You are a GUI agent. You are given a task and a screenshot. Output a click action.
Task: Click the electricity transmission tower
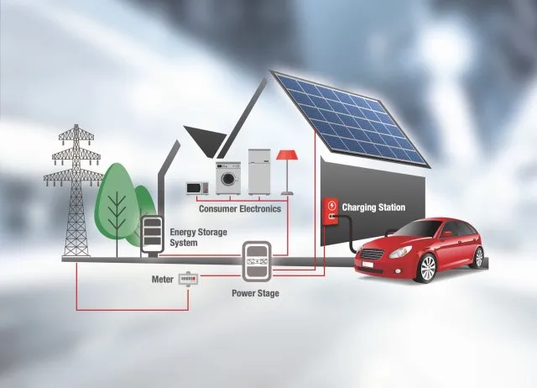[x=75, y=192]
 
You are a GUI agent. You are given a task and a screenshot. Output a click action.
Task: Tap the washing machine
[x=227, y=178]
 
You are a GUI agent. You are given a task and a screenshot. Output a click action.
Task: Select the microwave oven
[x=197, y=188]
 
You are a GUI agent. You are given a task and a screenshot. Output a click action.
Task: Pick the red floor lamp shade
[x=287, y=155]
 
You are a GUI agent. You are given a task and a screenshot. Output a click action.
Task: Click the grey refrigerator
[x=259, y=171]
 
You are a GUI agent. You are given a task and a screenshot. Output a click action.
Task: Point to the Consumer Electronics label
[x=240, y=209]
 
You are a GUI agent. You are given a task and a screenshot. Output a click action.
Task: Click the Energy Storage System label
[x=198, y=237]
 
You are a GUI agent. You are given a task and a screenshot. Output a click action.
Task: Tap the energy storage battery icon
[x=151, y=233]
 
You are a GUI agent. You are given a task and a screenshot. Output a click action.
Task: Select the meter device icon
[x=189, y=279]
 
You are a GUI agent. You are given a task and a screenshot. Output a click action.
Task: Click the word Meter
[x=162, y=280]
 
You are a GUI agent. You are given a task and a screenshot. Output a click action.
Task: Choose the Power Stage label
[x=255, y=293]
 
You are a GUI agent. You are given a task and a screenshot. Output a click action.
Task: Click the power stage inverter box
[x=257, y=261]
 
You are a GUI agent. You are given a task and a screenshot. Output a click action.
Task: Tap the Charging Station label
[x=373, y=207]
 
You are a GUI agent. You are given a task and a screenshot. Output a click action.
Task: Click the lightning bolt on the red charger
[x=331, y=206]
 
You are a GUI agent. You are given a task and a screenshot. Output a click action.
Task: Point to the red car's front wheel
[x=427, y=268]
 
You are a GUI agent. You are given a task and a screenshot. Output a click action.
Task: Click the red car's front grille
[x=373, y=254]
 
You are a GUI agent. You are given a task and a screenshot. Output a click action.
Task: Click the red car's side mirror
[x=446, y=234]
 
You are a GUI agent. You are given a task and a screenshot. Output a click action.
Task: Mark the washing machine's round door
[x=227, y=179]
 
